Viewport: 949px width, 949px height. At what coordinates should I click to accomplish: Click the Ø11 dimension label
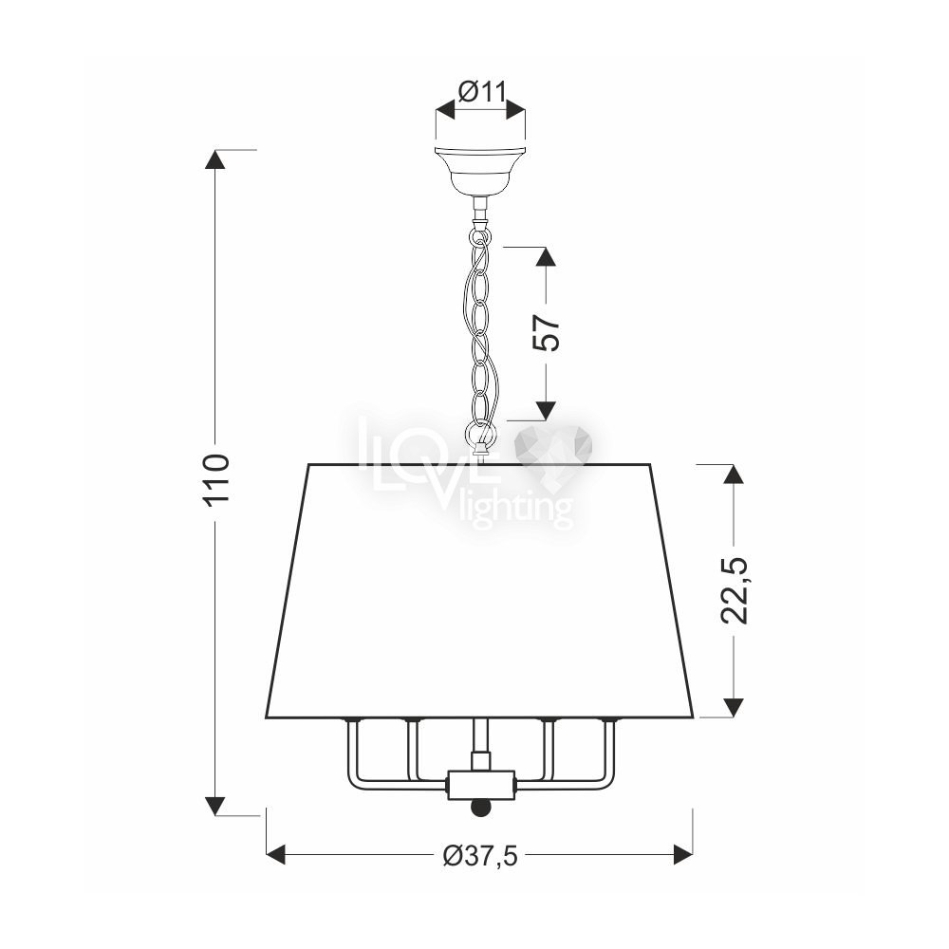[x=481, y=92]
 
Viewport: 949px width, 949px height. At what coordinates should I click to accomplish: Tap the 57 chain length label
[x=546, y=332]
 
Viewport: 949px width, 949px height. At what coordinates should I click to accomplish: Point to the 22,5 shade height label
[x=735, y=590]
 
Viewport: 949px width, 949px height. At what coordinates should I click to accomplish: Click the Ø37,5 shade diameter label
[x=480, y=855]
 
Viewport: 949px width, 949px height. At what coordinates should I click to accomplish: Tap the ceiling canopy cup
[x=480, y=170]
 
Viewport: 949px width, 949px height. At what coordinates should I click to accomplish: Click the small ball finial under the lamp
[x=480, y=808]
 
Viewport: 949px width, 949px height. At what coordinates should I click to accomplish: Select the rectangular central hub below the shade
[x=480, y=785]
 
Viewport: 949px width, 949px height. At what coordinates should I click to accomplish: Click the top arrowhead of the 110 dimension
[x=214, y=158]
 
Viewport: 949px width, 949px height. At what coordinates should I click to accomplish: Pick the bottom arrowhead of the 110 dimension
[x=214, y=806]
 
